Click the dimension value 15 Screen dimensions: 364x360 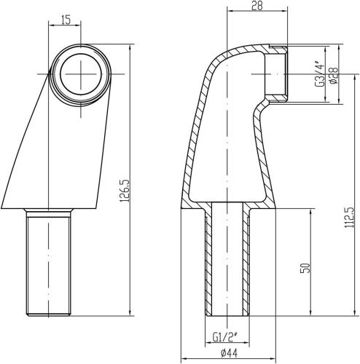click(66, 20)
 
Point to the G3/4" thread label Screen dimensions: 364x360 click(318, 73)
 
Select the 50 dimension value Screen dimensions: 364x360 click(305, 267)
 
